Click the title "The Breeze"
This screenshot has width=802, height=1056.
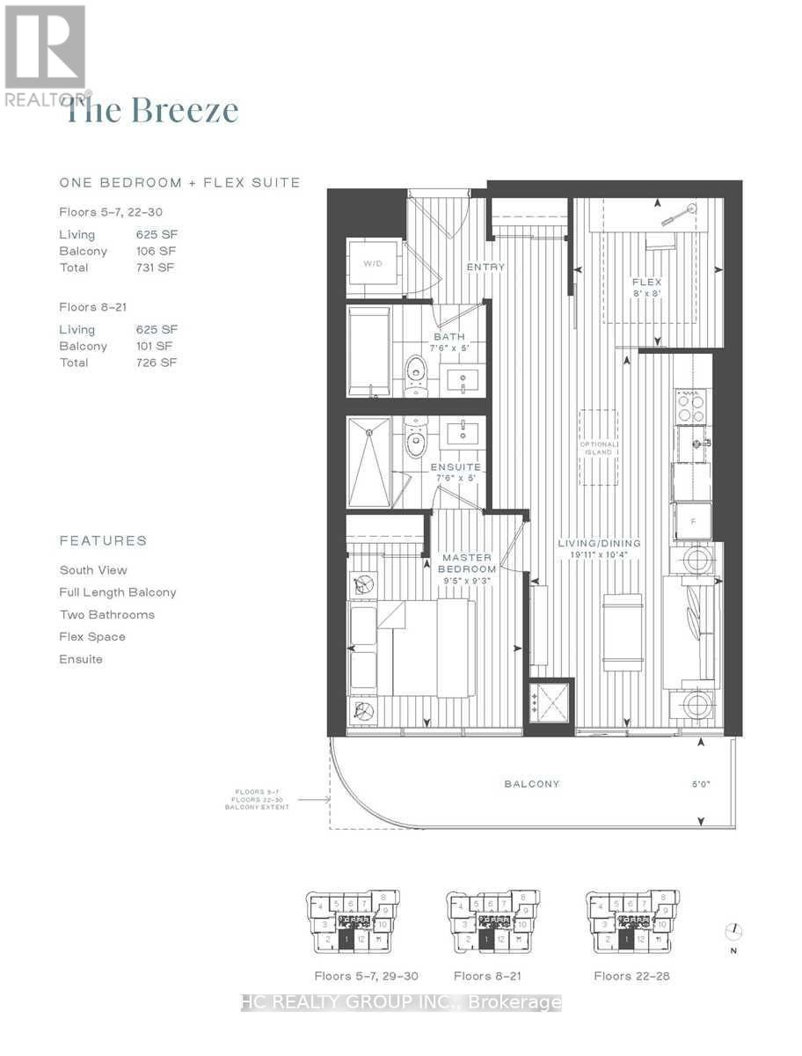coord(152,111)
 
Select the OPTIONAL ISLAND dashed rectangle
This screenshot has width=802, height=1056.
coord(598,447)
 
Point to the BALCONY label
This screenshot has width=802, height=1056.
coord(532,784)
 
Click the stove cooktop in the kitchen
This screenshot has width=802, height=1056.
coord(691,409)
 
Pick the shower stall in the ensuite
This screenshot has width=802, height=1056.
coord(369,463)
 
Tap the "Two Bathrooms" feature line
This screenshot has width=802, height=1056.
coord(106,614)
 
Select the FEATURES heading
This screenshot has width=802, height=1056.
coord(103,540)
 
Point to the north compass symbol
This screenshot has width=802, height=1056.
coord(735,930)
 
